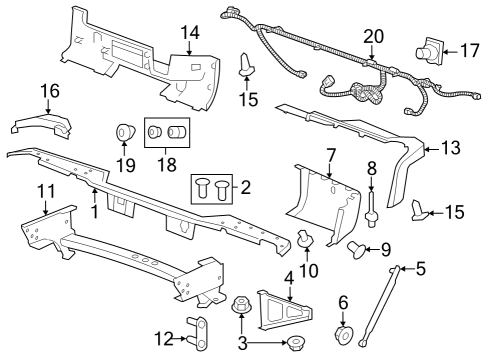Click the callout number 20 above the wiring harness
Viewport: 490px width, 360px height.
click(372, 36)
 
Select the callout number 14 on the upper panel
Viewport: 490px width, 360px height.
click(189, 33)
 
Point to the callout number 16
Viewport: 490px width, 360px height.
click(22, 92)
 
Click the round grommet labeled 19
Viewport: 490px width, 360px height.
click(124, 132)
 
